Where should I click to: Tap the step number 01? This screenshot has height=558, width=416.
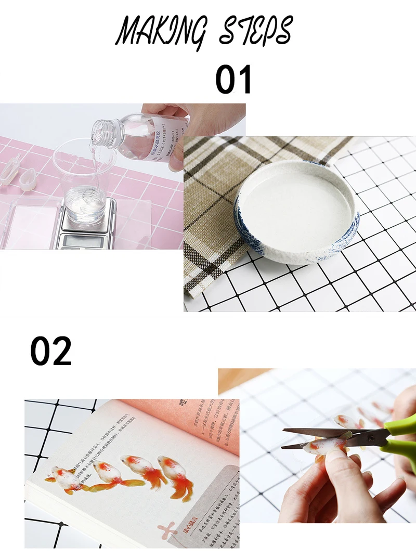click(x=233, y=80)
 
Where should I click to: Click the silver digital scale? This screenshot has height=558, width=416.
click(x=86, y=229)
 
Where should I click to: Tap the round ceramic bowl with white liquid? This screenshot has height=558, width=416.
click(x=296, y=211)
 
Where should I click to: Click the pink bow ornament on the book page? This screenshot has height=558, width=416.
click(x=171, y=530)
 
